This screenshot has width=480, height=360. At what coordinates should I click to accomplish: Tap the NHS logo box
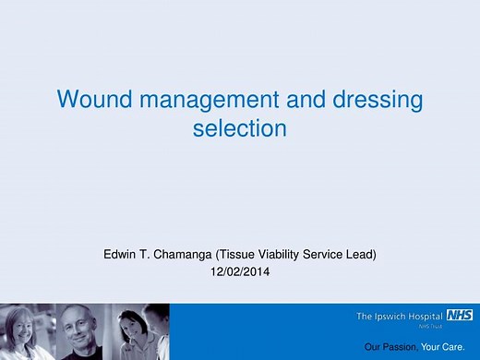coord(460,316)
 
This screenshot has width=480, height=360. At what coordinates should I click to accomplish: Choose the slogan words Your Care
coord(441,347)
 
